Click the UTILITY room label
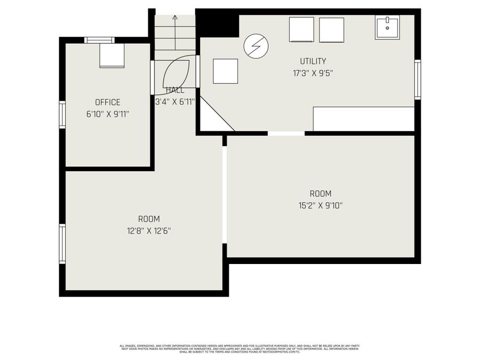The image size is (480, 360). click(313, 61)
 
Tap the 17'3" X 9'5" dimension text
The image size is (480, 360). click(313, 73)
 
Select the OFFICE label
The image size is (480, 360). click(108, 102)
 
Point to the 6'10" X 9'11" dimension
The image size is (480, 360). click(108, 114)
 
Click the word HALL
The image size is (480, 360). click(175, 90)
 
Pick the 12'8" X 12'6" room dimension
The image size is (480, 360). click(149, 230)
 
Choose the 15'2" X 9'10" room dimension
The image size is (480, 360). click(320, 205)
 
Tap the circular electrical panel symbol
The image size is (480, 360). click(256, 46)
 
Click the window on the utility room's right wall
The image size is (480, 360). click(418, 79)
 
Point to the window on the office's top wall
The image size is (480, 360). click(99, 39)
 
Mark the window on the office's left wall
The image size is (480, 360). click(62, 115)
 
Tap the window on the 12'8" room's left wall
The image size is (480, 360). click(62, 244)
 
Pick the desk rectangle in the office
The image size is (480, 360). click(112, 55)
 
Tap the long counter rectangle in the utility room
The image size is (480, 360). click(363, 118)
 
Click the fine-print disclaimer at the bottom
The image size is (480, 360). click(240, 348)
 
